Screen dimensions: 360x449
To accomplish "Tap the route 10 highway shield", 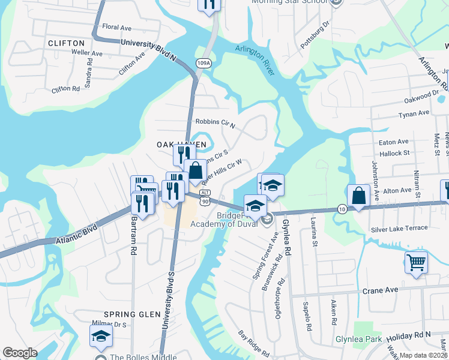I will pyautogui.click(x=342, y=208).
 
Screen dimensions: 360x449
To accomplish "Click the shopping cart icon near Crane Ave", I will pyautogui.click(x=416, y=262).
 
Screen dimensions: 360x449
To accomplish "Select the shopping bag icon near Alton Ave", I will pyautogui.click(x=358, y=196).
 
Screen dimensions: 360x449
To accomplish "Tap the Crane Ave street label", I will pyautogui.click(x=380, y=290).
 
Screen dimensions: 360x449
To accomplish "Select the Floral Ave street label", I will pyautogui.click(x=116, y=28).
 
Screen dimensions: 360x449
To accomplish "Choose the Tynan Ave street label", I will pyautogui.click(x=415, y=113).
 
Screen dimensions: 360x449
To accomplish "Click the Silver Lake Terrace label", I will pyautogui.click(x=399, y=228).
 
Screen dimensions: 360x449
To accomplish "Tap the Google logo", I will pyautogui.click(x=20, y=353).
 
